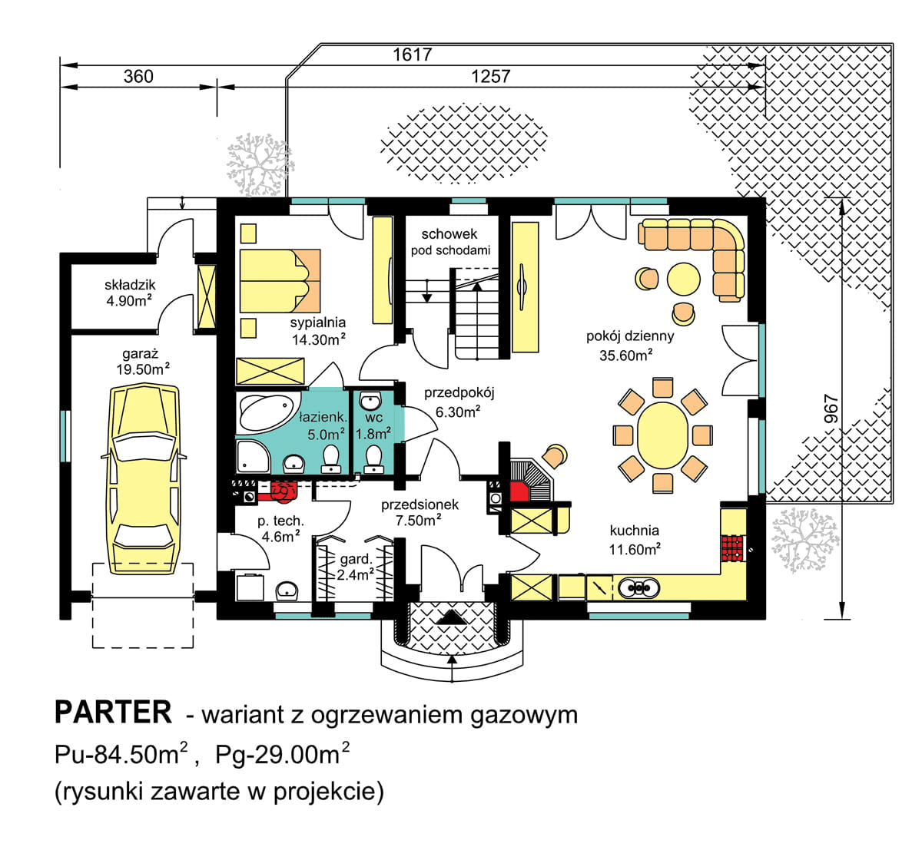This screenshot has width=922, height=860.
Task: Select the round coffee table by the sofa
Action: pyautogui.click(x=683, y=278)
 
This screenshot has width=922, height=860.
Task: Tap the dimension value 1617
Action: pyautogui.click(x=412, y=55)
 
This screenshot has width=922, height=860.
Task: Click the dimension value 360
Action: pyautogui.click(x=138, y=77)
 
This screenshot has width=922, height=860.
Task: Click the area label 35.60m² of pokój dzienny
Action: pyautogui.click(x=626, y=355)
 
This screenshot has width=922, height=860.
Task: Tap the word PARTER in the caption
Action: pyautogui.click(x=113, y=713)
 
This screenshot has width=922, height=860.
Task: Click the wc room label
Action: pyautogui.click(x=374, y=418)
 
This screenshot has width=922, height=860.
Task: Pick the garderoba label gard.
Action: pyautogui.click(x=356, y=558)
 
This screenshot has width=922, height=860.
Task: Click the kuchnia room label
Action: pyautogui.click(x=634, y=530)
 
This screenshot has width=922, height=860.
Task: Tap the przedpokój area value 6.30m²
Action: pyautogui.click(x=458, y=412)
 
